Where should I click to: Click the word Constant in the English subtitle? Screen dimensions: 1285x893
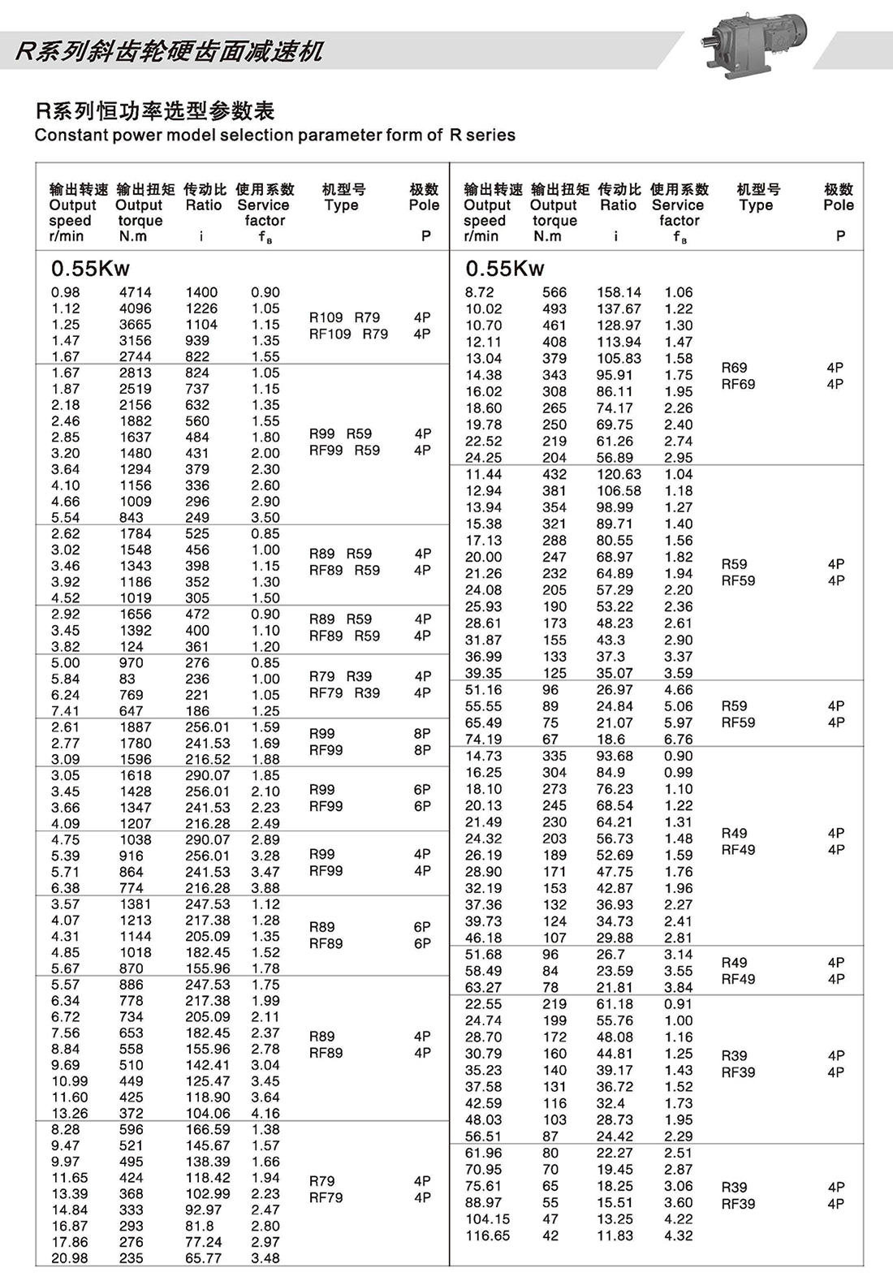tap(68, 136)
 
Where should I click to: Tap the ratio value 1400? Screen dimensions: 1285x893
tap(201, 292)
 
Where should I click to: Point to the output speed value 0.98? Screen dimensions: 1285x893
tap(66, 292)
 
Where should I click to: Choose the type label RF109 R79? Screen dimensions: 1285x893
tap(348, 334)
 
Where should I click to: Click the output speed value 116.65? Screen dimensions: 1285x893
tap(488, 1235)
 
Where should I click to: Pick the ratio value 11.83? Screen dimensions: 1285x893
tap(615, 1235)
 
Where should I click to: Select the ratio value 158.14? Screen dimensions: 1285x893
tap(619, 292)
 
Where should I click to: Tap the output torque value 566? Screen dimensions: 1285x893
tap(554, 292)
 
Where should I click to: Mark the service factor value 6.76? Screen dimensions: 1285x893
tap(678, 740)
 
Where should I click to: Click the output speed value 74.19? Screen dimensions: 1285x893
tap(484, 740)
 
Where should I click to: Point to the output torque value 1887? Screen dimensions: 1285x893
tap(136, 727)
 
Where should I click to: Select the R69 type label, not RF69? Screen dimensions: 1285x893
tap(734, 368)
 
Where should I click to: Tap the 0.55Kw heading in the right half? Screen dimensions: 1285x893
tap(505, 269)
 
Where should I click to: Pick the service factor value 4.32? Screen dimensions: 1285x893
tap(678, 1235)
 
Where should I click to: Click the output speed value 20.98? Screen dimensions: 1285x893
tap(70, 1258)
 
